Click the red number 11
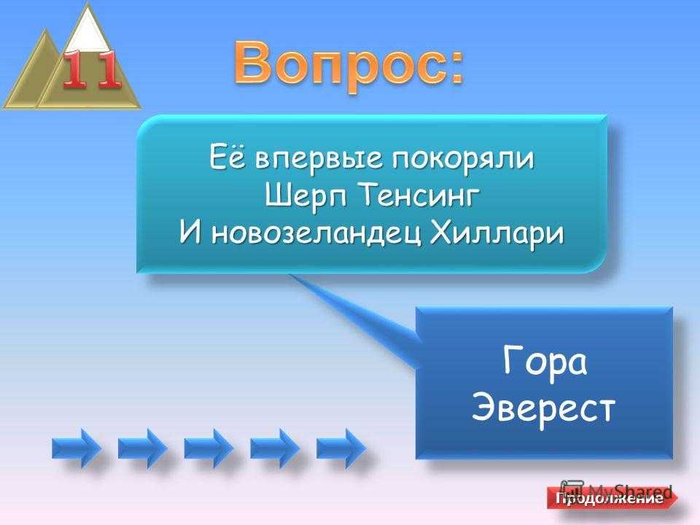tap(93, 69)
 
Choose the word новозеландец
tap(316, 233)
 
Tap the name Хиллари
tap(497, 234)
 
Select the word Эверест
tap(543, 408)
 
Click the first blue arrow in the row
tap(77, 448)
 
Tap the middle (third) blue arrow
tap(209, 448)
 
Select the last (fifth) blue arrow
tap(341, 448)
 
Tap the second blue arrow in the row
tap(143, 448)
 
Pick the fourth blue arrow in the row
tap(275, 448)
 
